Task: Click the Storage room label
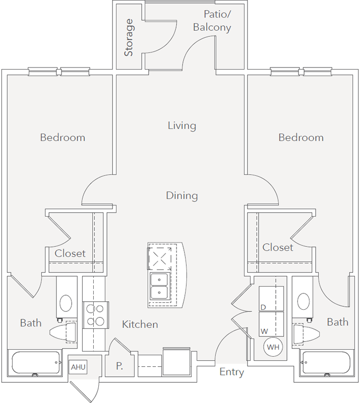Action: [x=129, y=37]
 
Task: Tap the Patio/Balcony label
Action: [x=212, y=21]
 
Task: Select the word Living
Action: [x=182, y=126]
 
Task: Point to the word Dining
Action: [x=182, y=196]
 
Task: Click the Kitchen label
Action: [x=140, y=324]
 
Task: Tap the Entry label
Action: [x=232, y=372]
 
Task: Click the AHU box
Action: [x=78, y=367]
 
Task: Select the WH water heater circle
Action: [x=273, y=347]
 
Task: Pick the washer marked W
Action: [x=271, y=324]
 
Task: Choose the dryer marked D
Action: [x=271, y=299]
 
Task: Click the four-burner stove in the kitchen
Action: [x=96, y=315]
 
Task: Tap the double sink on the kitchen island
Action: [x=160, y=286]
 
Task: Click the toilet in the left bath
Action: [x=64, y=332]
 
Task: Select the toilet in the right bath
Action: [x=307, y=334]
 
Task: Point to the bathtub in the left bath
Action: [x=36, y=364]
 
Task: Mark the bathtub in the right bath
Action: [x=326, y=364]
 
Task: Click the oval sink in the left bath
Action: [x=66, y=303]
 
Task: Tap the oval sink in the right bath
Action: [x=304, y=301]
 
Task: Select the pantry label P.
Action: [x=119, y=366]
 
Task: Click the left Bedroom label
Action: [x=63, y=138]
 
